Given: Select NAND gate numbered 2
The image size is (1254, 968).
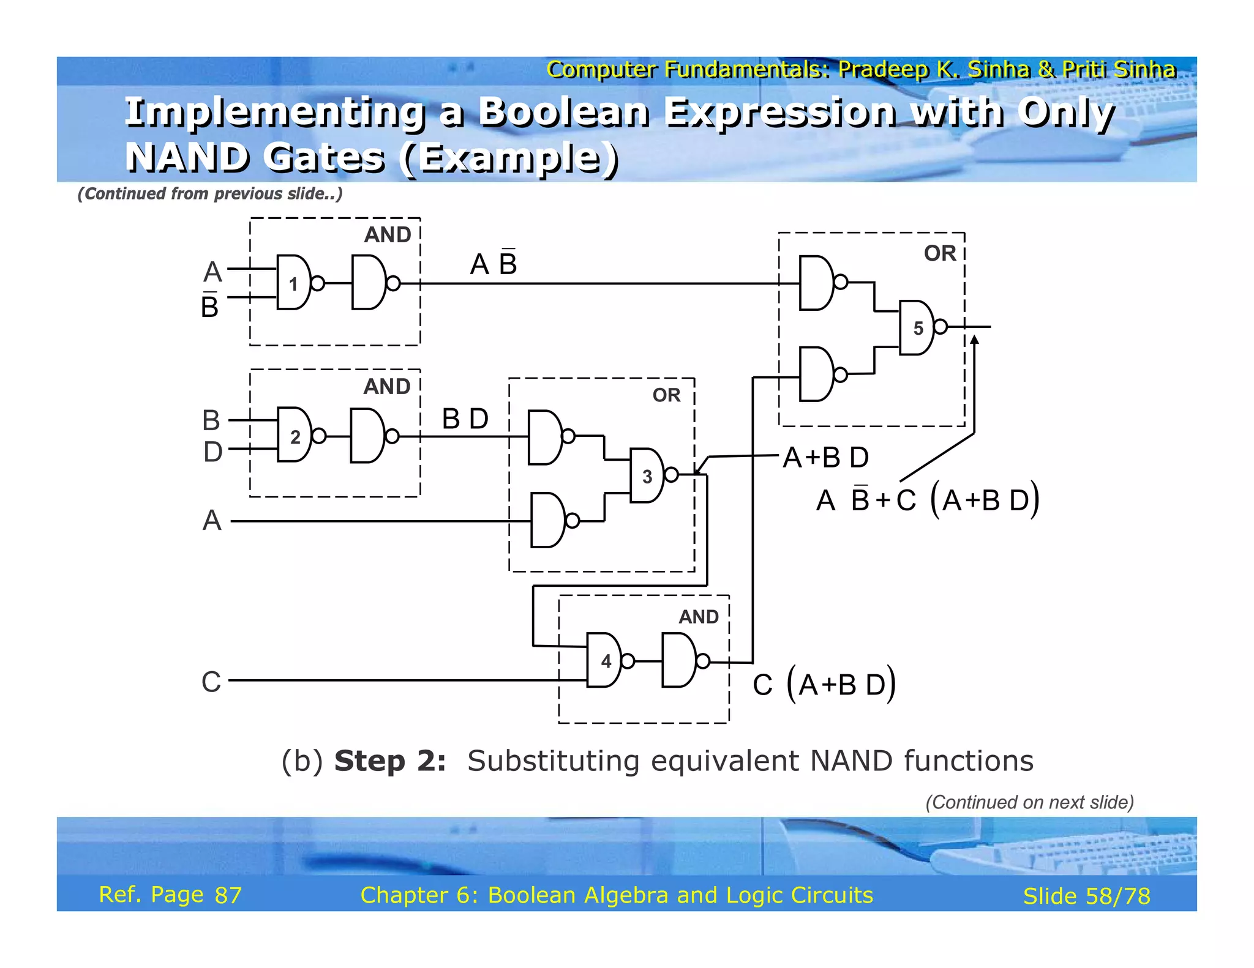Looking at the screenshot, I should [295, 435].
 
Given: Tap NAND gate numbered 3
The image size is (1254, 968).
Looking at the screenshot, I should [647, 475].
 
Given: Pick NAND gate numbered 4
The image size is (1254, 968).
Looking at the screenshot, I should [605, 660].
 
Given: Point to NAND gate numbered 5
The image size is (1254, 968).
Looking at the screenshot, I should [917, 327].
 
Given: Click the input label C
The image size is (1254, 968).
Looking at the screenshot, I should [211, 681].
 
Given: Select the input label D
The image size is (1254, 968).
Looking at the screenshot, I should [212, 452].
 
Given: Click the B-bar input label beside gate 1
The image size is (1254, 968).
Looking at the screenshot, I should [210, 305].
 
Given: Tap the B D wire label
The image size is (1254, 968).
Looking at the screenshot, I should [465, 419].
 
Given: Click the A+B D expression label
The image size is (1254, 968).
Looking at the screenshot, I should [826, 457].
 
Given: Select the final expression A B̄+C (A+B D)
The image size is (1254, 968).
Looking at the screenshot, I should [928, 500].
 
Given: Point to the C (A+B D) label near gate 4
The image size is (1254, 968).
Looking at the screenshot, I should [824, 684].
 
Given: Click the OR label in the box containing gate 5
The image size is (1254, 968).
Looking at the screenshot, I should [939, 253].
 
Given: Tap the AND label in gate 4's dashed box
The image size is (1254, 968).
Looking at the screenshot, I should [698, 617].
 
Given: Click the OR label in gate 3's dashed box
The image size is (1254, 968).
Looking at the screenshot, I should [666, 395].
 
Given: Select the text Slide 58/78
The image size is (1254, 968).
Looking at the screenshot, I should [1086, 896].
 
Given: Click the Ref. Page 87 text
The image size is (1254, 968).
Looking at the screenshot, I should [170, 895].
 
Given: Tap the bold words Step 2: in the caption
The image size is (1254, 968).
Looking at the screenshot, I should [390, 761].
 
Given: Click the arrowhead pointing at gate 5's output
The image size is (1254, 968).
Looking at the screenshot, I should [974, 340].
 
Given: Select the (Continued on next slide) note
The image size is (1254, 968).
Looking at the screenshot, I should [1029, 802].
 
